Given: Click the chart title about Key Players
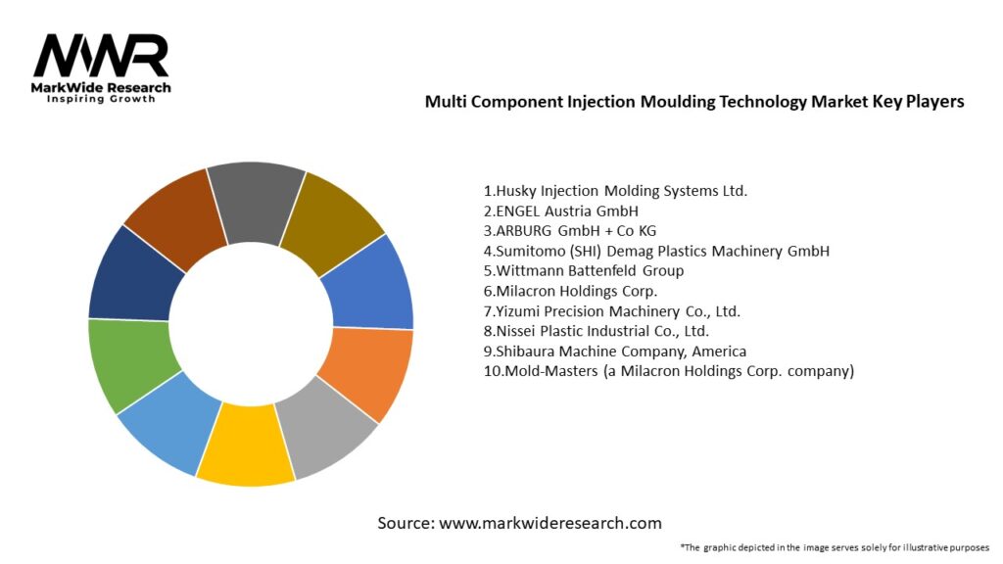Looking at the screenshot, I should click(694, 102).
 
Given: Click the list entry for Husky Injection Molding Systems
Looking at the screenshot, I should click(615, 191).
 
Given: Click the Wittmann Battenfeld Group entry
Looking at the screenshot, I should click(584, 270).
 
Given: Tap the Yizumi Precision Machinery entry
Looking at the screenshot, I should click(611, 310).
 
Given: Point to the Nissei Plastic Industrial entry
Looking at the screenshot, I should click(596, 331).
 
